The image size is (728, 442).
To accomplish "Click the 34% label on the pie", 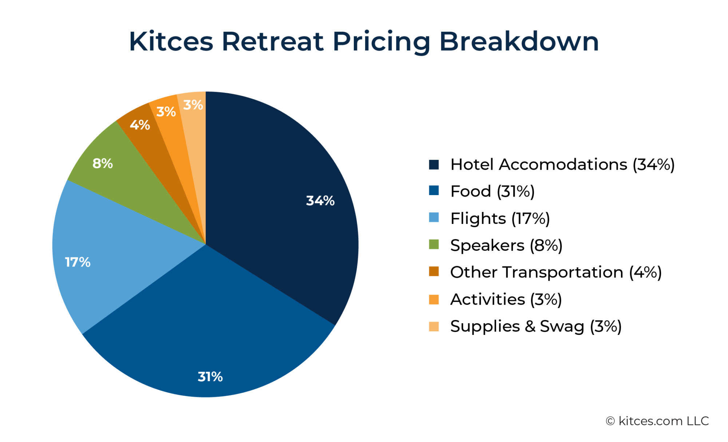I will click(320, 201).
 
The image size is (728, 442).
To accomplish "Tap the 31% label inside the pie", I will click(210, 376).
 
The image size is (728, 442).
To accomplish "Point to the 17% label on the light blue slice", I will click(78, 262).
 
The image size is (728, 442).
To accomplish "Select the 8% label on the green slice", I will click(102, 163).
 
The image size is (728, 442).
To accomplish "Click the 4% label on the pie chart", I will click(140, 125).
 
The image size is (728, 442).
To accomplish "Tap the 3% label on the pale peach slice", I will click(193, 105).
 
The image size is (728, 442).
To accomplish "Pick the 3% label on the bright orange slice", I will click(166, 111).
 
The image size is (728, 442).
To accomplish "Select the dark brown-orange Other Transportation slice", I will click(153, 146).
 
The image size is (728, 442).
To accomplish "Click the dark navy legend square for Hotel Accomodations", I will click(434, 165).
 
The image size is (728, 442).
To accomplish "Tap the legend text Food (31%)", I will click(492, 192).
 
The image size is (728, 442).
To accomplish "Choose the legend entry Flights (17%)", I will click(500, 218).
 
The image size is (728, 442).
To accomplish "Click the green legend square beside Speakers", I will click(434, 244).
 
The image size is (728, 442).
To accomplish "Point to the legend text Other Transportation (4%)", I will click(555, 272).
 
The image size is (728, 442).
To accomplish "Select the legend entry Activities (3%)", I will click(506, 299).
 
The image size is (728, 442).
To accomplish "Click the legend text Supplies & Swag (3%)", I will click(535, 326).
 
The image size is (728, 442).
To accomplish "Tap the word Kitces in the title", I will click(171, 42).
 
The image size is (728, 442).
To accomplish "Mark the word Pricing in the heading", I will click(381, 42).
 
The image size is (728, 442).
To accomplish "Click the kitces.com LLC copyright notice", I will click(657, 421).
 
